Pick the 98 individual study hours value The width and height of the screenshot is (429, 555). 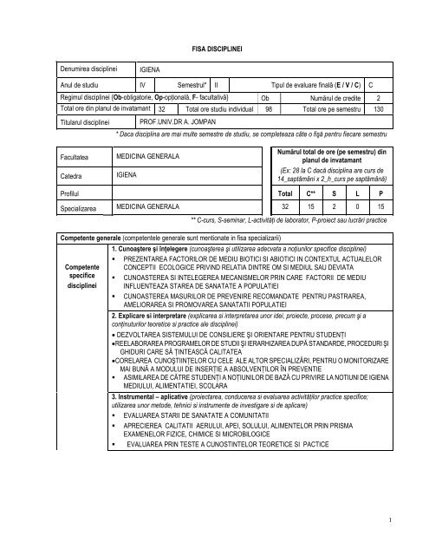269,110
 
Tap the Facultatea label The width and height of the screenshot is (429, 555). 76,155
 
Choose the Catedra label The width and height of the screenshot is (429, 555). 71,174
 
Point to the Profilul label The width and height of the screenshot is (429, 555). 71,193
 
